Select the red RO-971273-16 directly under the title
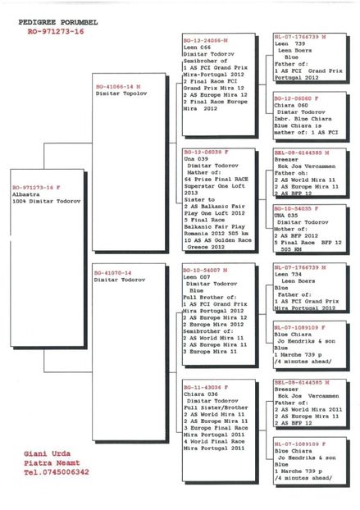coord(55,29)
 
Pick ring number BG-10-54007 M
coord(206,269)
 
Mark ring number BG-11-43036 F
coord(205,386)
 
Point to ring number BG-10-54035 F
coord(298,208)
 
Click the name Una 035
coord(289,215)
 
